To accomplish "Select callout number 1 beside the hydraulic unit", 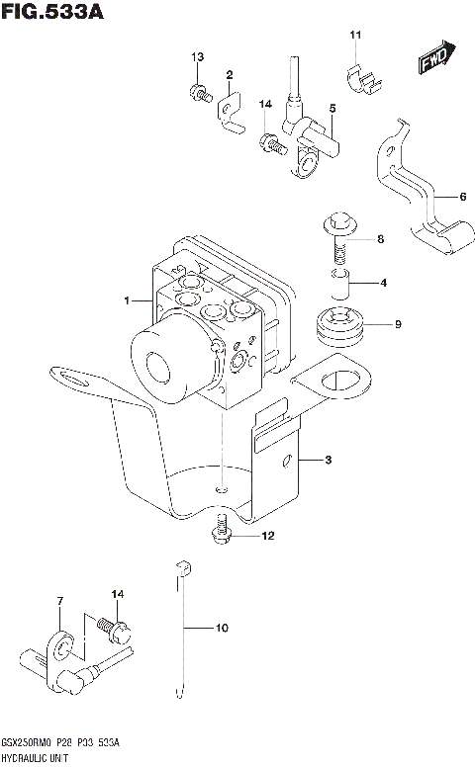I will coord(126,299).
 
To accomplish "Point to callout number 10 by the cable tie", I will coord(221,627).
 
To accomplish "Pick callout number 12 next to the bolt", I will coord(266,537).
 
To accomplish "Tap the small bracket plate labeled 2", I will coord(230,113).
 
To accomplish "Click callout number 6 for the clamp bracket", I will coord(461,197).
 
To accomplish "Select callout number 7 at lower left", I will coord(60,601).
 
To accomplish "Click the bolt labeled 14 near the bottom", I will coord(115,629).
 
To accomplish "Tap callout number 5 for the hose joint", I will coord(332,108).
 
